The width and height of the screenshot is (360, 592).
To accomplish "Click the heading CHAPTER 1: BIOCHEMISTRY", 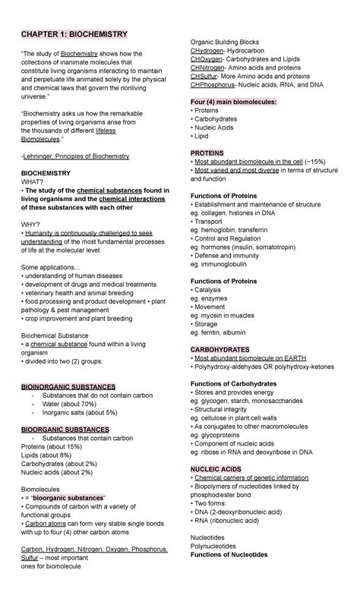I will click(x=74, y=35).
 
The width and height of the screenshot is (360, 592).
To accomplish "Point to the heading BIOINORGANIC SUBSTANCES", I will click(x=68, y=386).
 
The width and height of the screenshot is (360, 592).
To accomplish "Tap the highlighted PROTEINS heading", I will click(x=207, y=153).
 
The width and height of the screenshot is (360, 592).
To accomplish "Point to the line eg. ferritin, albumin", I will click(x=226, y=332).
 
